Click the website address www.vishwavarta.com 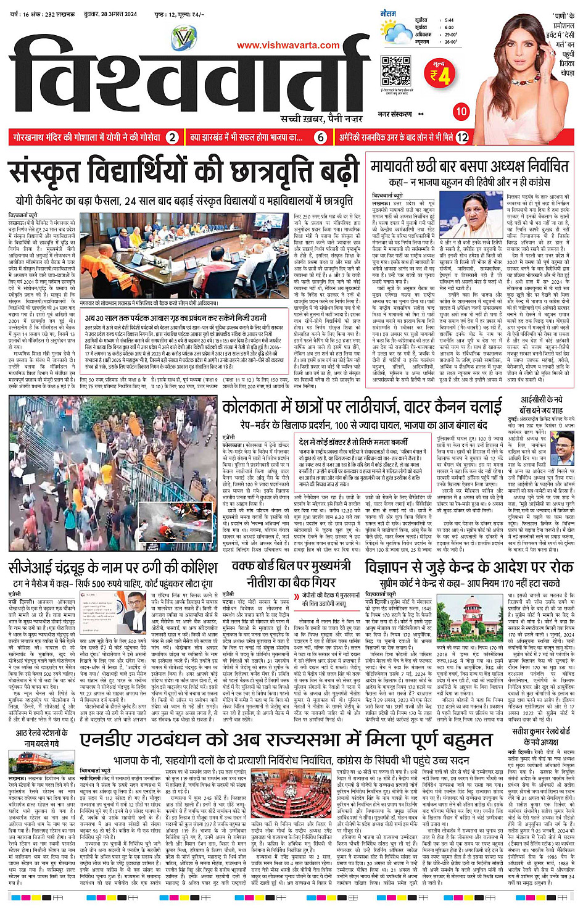coord(287,45)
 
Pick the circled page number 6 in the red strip coord(321,138)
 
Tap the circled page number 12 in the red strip coord(462,138)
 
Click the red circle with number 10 coord(461,112)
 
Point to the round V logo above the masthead coord(184,38)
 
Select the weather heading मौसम coord(388,13)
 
